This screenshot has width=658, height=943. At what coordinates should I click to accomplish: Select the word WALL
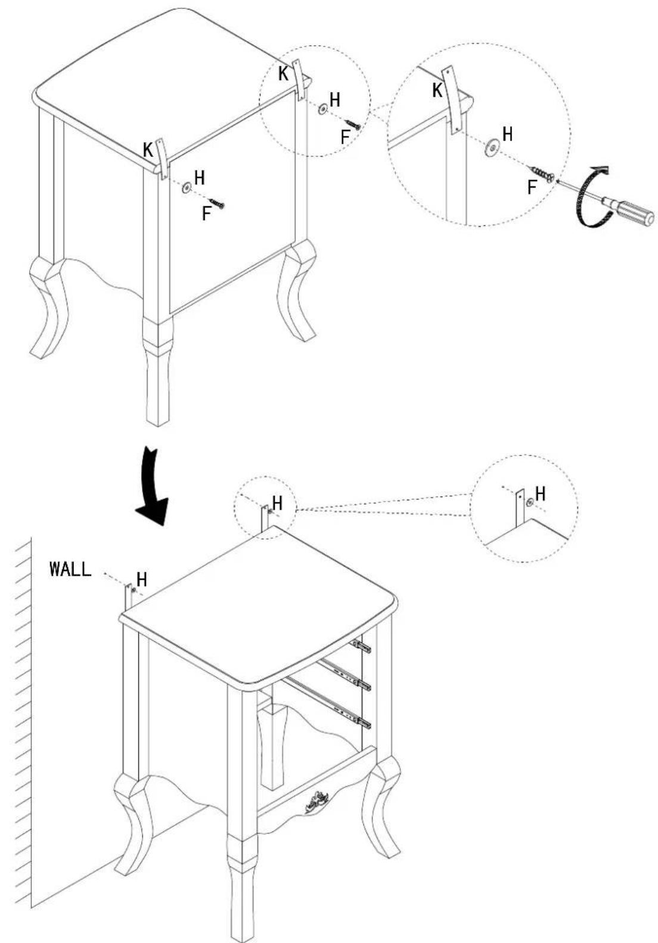tap(70, 569)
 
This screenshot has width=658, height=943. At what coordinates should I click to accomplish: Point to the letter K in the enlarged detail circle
tap(438, 90)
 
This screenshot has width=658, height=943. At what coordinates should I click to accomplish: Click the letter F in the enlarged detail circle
tap(532, 187)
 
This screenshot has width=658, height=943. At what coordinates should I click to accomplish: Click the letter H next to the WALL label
tap(142, 580)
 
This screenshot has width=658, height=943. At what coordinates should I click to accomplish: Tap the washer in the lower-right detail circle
tap(529, 502)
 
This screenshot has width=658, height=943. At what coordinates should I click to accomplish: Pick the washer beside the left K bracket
tap(186, 187)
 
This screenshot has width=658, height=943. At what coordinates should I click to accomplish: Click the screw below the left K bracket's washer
tap(217, 203)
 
